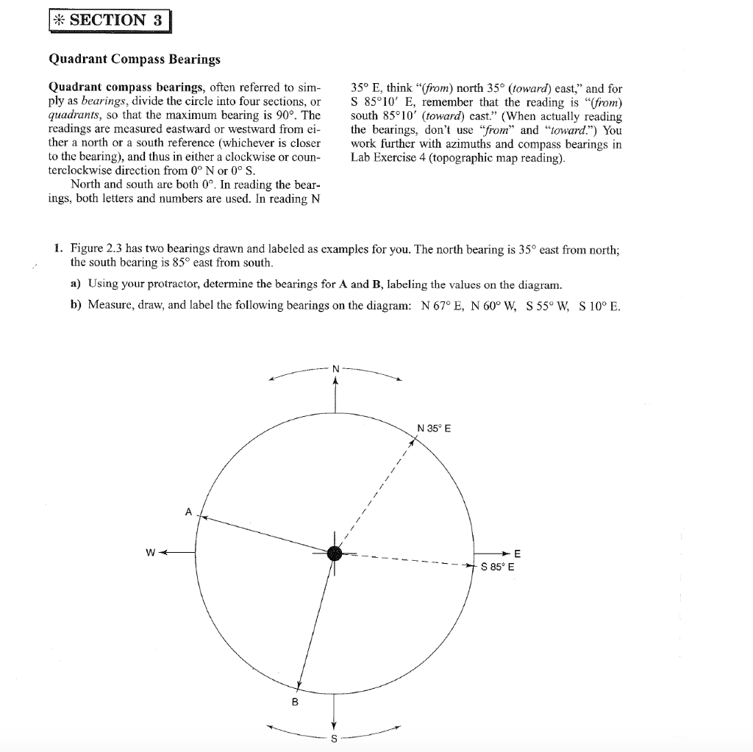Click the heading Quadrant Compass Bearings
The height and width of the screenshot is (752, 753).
point(135,58)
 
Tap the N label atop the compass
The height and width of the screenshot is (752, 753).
point(336,368)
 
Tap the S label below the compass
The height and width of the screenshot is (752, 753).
point(335,738)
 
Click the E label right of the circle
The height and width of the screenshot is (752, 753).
point(517,553)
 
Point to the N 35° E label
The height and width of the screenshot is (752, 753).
point(435,428)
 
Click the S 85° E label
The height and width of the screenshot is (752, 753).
point(498,567)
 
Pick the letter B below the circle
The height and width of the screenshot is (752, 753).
point(296,702)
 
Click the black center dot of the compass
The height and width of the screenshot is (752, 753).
point(335,554)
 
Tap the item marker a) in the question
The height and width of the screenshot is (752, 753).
point(76,284)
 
